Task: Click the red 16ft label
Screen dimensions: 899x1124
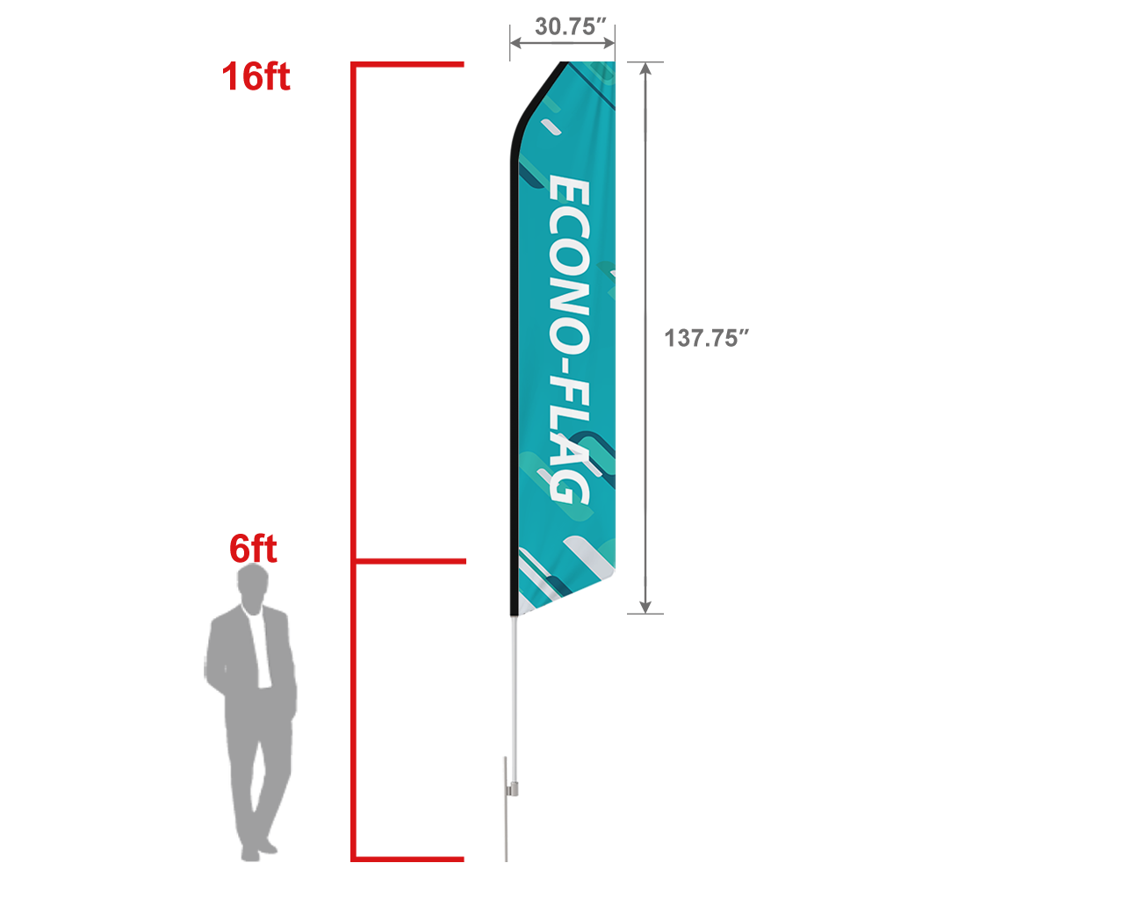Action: point(256,76)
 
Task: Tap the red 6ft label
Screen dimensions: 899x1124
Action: point(253,549)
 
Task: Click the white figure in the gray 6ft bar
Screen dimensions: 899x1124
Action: point(256,641)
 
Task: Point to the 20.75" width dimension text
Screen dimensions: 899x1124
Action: point(571,26)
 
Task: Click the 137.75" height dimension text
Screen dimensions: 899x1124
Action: point(705,338)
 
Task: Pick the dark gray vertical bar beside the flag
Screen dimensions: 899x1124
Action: point(645,338)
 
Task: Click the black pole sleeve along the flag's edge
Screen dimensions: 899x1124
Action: point(510,351)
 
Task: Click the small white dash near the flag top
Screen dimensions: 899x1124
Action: point(551,128)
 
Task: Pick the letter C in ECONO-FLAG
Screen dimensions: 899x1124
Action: point(568,227)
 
